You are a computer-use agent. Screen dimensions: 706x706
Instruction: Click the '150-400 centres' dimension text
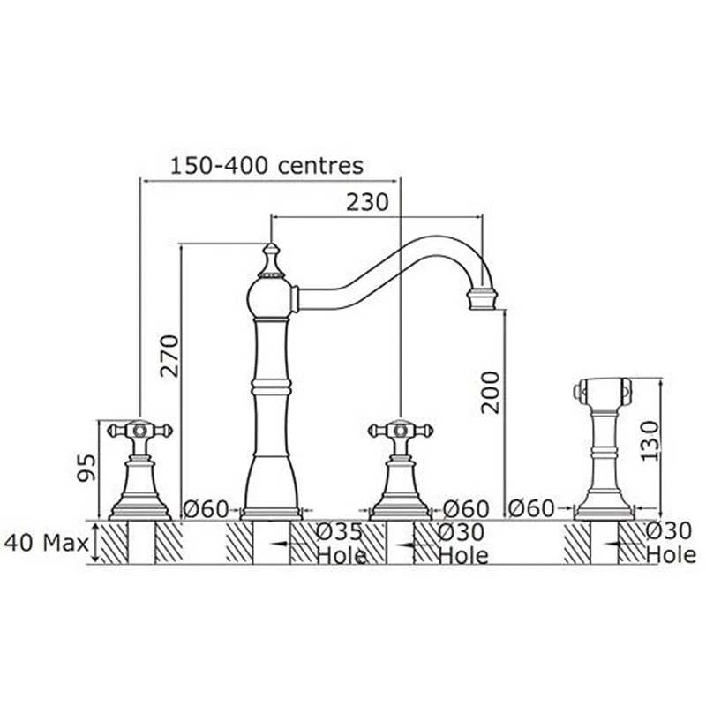tap(267, 165)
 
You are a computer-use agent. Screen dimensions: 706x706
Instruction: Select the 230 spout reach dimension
tap(367, 202)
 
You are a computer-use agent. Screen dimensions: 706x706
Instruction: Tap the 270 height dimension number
tap(170, 356)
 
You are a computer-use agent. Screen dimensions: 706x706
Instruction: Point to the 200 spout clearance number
tap(491, 392)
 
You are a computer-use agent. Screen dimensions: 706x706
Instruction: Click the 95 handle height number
tap(86, 468)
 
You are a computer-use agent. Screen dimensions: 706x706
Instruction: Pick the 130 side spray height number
tap(650, 440)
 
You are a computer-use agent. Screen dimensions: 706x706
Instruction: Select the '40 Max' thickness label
tap(46, 543)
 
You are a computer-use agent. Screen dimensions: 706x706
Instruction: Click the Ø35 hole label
tap(339, 532)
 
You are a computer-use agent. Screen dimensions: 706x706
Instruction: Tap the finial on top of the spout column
tap(271, 260)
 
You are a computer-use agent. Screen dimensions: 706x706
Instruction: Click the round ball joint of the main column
tap(270, 298)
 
